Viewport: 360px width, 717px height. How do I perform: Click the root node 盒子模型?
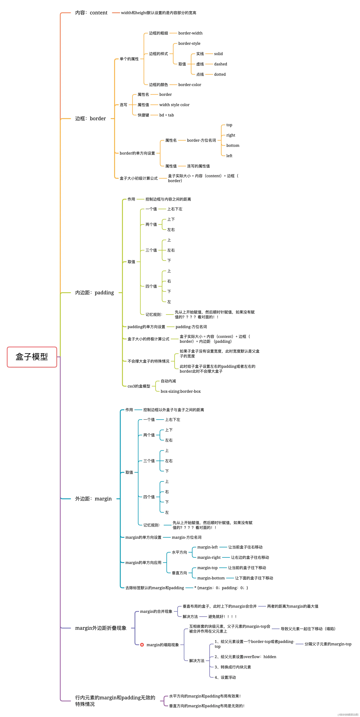32,357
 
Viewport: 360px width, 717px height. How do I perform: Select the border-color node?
190,85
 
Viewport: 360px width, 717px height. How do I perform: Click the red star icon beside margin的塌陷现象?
142,645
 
